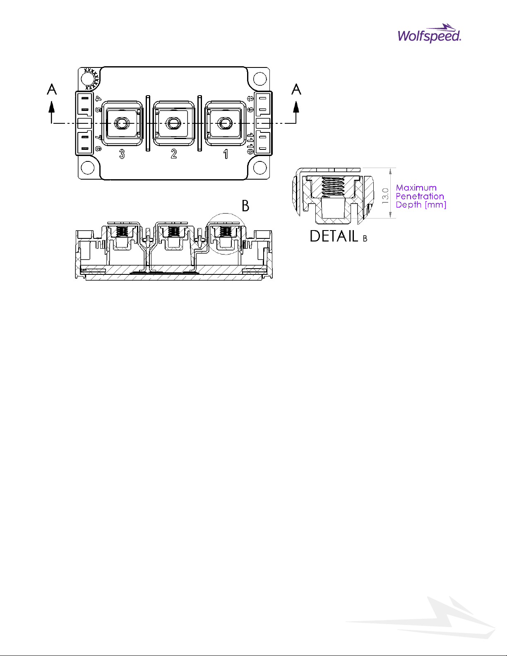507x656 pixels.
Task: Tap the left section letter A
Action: click(x=52, y=89)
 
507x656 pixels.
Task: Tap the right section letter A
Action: click(x=296, y=89)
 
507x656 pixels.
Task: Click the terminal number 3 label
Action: click(x=122, y=154)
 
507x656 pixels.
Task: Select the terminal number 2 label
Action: click(x=174, y=154)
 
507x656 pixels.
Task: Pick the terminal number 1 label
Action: click(x=226, y=154)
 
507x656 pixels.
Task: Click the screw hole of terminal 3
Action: click(x=122, y=123)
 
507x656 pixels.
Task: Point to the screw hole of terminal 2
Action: click(x=173, y=123)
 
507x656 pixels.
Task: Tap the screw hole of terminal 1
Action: click(x=226, y=123)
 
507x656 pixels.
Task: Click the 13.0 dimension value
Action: click(x=385, y=196)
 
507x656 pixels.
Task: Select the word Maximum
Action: click(x=416, y=188)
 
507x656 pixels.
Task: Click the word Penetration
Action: click(x=420, y=196)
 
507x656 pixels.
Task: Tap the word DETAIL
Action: click(x=334, y=236)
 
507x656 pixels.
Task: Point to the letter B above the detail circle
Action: click(x=245, y=206)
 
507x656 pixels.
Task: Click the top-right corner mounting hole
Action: click(x=260, y=78)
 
